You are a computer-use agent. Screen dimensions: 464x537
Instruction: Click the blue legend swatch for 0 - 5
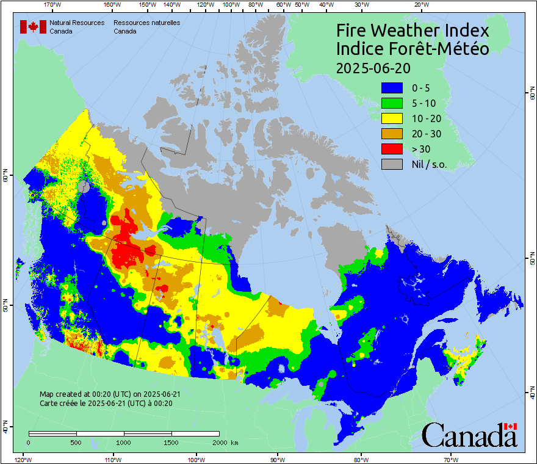coord(391,88)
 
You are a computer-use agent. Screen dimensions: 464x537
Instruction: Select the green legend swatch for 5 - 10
coord(391,103)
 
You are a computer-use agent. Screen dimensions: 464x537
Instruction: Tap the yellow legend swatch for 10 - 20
coord(391,118)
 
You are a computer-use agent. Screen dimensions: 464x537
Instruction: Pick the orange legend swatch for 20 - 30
coord(391,134)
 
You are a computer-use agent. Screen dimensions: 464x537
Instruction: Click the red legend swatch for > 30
coord(391,149)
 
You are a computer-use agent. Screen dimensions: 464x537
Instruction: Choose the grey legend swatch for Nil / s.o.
coord(391,164)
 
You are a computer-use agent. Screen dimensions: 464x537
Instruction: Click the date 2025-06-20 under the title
coord(373,67)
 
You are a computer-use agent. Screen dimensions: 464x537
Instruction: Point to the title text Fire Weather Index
coord(413,31)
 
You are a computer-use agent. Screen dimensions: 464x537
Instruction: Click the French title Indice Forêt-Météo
coord(413,49)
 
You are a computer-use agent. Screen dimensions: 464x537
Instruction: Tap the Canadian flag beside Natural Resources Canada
coord(33,27)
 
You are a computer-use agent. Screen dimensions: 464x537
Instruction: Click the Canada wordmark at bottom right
coord(469,435)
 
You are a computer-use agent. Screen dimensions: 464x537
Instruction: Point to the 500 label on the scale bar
coord(76,442)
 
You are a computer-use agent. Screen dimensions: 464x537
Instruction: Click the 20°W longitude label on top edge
coord(420,5)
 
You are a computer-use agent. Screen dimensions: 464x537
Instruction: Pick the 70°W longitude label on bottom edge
coord(451,459)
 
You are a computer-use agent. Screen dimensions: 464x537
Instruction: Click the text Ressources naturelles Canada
coord(146,27)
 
